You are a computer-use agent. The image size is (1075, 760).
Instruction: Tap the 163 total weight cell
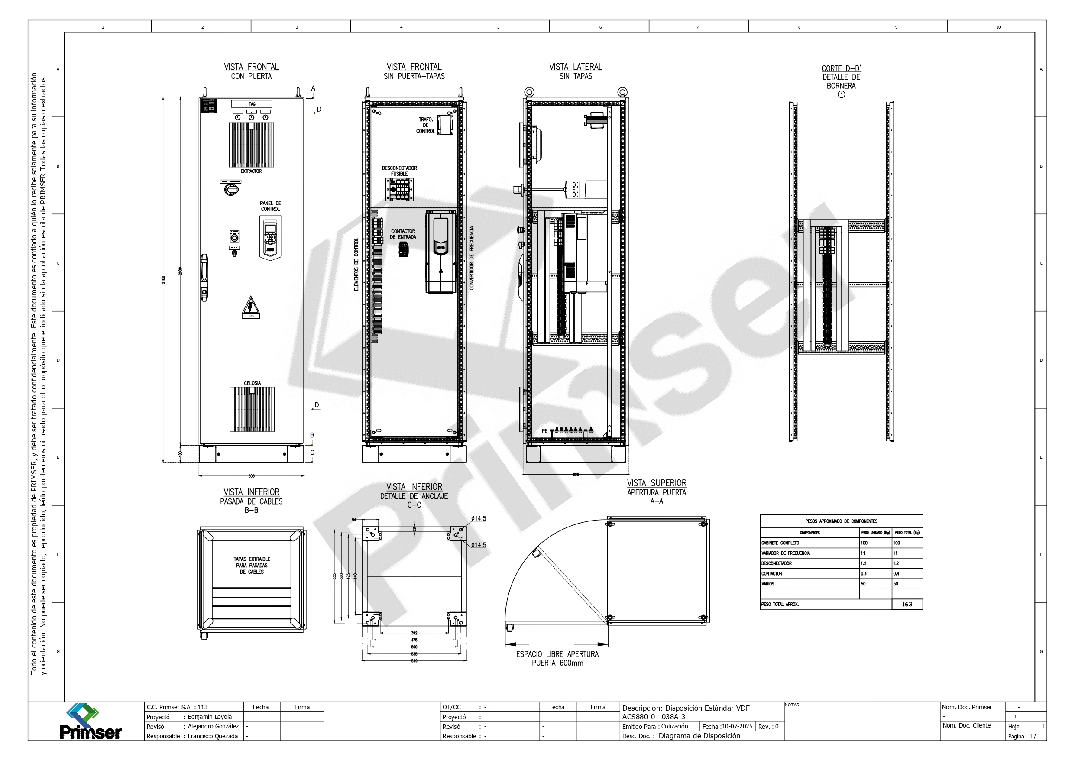pos(907,604)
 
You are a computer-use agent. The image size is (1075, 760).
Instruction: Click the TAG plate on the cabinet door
pos(252,104)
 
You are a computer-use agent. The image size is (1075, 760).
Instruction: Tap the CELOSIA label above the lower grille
pos(252,383)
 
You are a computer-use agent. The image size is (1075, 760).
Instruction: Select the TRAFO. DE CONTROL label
pos(426,126)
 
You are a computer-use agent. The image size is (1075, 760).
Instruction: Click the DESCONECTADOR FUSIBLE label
pos(399,171)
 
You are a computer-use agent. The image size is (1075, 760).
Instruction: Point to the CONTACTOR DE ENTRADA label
pos(403,234)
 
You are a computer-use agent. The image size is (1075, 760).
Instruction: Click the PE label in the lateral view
pos(544,431)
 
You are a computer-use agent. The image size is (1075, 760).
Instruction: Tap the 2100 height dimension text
pos(163,280)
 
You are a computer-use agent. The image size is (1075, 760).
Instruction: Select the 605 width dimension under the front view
pos(252,476)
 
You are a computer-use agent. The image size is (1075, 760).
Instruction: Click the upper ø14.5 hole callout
pos(479,518)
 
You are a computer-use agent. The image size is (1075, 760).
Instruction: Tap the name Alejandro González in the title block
pos(213,726)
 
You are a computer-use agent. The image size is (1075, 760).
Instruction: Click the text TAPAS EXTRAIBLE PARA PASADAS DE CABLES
pos(252,565)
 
